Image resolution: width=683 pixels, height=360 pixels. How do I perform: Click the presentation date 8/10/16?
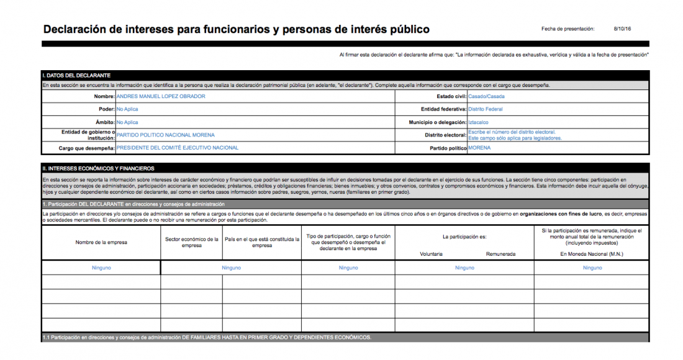tap(622, 29)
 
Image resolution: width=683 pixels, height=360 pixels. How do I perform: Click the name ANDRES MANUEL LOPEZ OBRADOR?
tap(161, 96)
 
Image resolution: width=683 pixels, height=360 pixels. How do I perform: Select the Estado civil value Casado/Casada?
tap(486, 96)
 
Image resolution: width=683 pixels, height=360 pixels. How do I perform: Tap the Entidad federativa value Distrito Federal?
tap(486, 109)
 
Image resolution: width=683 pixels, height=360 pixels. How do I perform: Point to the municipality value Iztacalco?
tap(478, 122)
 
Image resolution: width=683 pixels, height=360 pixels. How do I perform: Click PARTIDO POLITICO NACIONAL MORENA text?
tap(166, 135)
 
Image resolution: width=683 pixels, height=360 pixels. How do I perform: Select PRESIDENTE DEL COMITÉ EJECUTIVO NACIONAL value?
tap(178, 148)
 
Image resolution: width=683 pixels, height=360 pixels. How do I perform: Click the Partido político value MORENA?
tap(479, 148)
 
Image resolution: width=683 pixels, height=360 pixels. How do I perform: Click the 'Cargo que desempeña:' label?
tap(78, 149)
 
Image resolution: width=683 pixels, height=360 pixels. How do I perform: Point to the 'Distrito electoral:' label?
tap(446, 135)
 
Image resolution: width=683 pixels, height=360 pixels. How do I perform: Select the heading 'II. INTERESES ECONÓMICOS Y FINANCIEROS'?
tap(99, 168)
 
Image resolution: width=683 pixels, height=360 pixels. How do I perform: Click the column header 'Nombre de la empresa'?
tap(101, 242)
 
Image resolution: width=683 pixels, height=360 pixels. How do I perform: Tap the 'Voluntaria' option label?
tap(431, 254)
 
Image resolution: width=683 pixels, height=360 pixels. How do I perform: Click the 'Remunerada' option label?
tap(501, 254)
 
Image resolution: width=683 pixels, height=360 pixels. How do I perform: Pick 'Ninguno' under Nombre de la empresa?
tap(101, 268)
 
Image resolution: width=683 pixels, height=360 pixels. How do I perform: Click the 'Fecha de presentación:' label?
tap(568, 29)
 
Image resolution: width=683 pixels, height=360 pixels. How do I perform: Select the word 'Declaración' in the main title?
tap(77, 29)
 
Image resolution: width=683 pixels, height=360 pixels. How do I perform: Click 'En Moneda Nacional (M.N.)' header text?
tap(592, 254)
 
